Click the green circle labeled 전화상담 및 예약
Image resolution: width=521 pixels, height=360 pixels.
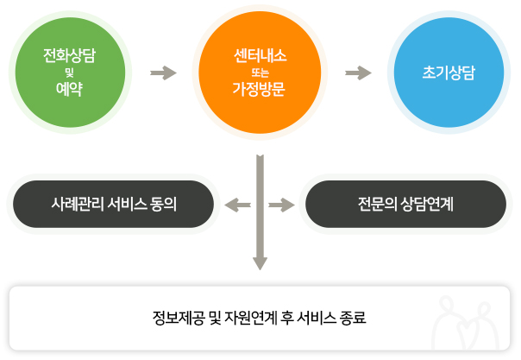pos(70,73)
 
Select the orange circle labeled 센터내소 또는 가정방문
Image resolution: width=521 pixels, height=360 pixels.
pos(260,73)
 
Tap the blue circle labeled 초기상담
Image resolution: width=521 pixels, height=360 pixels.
pos(449,73)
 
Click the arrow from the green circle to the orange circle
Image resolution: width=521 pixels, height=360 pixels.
pos(163,73)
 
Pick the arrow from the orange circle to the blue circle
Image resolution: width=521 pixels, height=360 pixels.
pos(358,73)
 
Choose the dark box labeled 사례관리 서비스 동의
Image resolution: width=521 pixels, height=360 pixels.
pos(113,204)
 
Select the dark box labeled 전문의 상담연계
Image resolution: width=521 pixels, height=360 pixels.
pos(405,204)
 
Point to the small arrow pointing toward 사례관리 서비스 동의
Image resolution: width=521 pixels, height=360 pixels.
pos(237,205)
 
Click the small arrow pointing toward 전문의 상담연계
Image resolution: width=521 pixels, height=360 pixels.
pos(282,205)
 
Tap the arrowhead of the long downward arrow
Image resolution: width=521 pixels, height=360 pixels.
pos(260,263)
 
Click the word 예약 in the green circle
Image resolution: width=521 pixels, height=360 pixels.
pos(69,89)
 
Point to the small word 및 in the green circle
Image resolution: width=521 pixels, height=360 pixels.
pos(70,73)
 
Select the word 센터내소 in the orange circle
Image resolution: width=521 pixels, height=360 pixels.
pos(260,55)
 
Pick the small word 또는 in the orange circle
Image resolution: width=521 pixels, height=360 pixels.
pos(260,73)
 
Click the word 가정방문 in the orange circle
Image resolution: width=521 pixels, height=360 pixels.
pos(259,89)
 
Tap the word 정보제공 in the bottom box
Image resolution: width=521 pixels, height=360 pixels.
pos(179,318)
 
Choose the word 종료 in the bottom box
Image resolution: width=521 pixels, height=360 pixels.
pos(353,318)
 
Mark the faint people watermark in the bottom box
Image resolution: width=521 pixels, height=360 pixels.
pos(466,322)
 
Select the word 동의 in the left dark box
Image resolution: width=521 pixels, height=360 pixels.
pos(163,204)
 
